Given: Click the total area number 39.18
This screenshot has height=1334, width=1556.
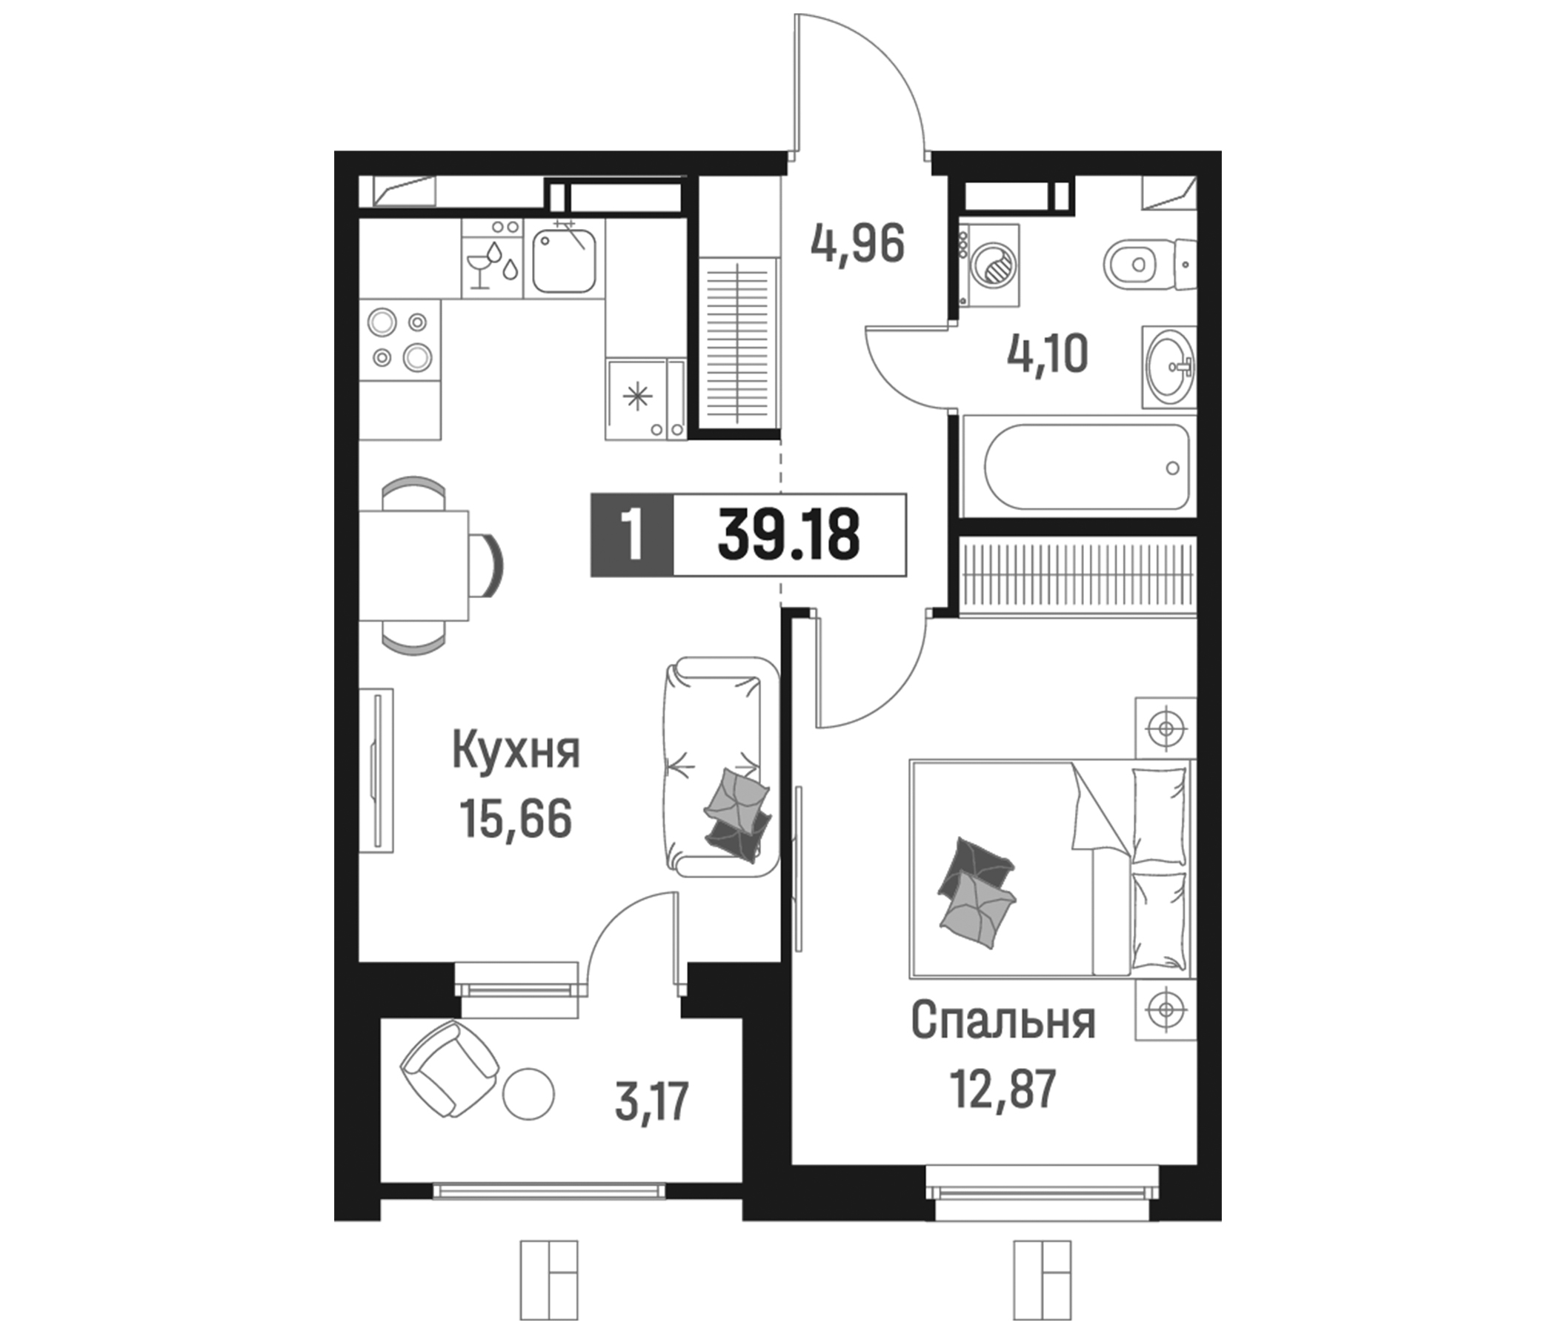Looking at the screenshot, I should click(x=788, y=535).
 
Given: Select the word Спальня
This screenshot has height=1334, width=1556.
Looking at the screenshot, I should click(x=1003, y=1021).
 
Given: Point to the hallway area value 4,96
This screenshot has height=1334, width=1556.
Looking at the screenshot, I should click(x=857, y=243).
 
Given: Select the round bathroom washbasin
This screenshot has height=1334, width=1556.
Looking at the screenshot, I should click(x=1169, y=367).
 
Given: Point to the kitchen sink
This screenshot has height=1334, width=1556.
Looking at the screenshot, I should click(x=564, y=260).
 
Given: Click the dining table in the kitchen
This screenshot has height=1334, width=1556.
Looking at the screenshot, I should click(x=413, y=565).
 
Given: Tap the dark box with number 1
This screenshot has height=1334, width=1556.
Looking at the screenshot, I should click(x=632, y=535).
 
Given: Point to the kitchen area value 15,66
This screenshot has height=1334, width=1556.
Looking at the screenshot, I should click(x=516, y=819).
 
